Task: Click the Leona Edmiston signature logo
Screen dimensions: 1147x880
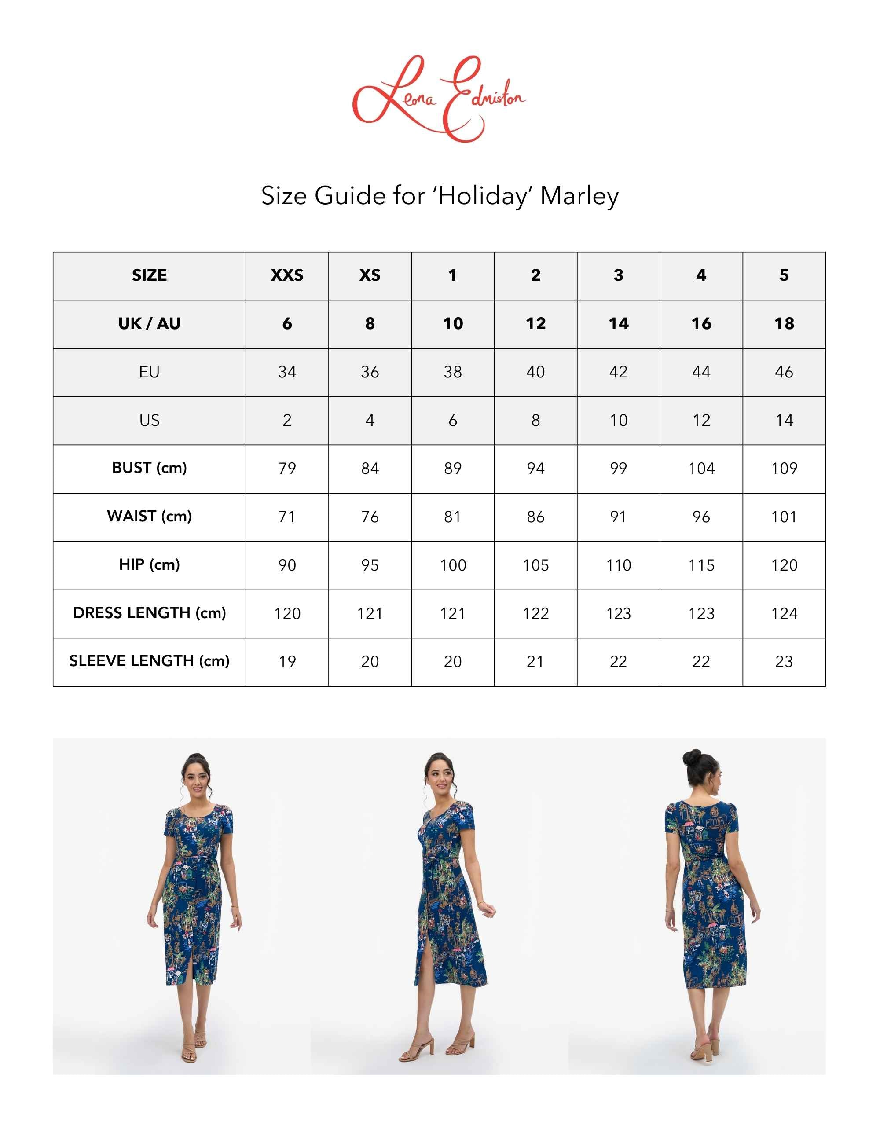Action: click(439, 99)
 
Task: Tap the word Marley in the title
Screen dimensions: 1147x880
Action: click(579, 196)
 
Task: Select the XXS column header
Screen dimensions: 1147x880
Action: click(287, 275)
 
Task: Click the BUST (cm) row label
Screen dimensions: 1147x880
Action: click(149, 468)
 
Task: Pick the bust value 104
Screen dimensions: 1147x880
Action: click(701, 468)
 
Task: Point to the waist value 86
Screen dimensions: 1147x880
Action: click(535, 517)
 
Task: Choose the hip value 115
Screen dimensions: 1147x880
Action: click(701, 565)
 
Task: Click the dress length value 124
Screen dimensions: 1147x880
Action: click(784, 613)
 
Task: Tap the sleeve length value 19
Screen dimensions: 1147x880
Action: click(287, 661)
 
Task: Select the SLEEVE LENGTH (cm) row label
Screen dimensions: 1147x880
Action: click(149, 661)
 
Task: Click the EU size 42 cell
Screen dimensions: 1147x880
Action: click(618, 372)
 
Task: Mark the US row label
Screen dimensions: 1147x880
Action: click(149, 420)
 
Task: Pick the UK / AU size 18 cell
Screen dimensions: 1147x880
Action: click(784, 324)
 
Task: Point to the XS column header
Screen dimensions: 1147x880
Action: click(370, 275)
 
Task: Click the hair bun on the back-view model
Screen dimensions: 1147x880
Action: click(691, 757)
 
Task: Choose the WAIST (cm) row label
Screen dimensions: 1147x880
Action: click(149, 517)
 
